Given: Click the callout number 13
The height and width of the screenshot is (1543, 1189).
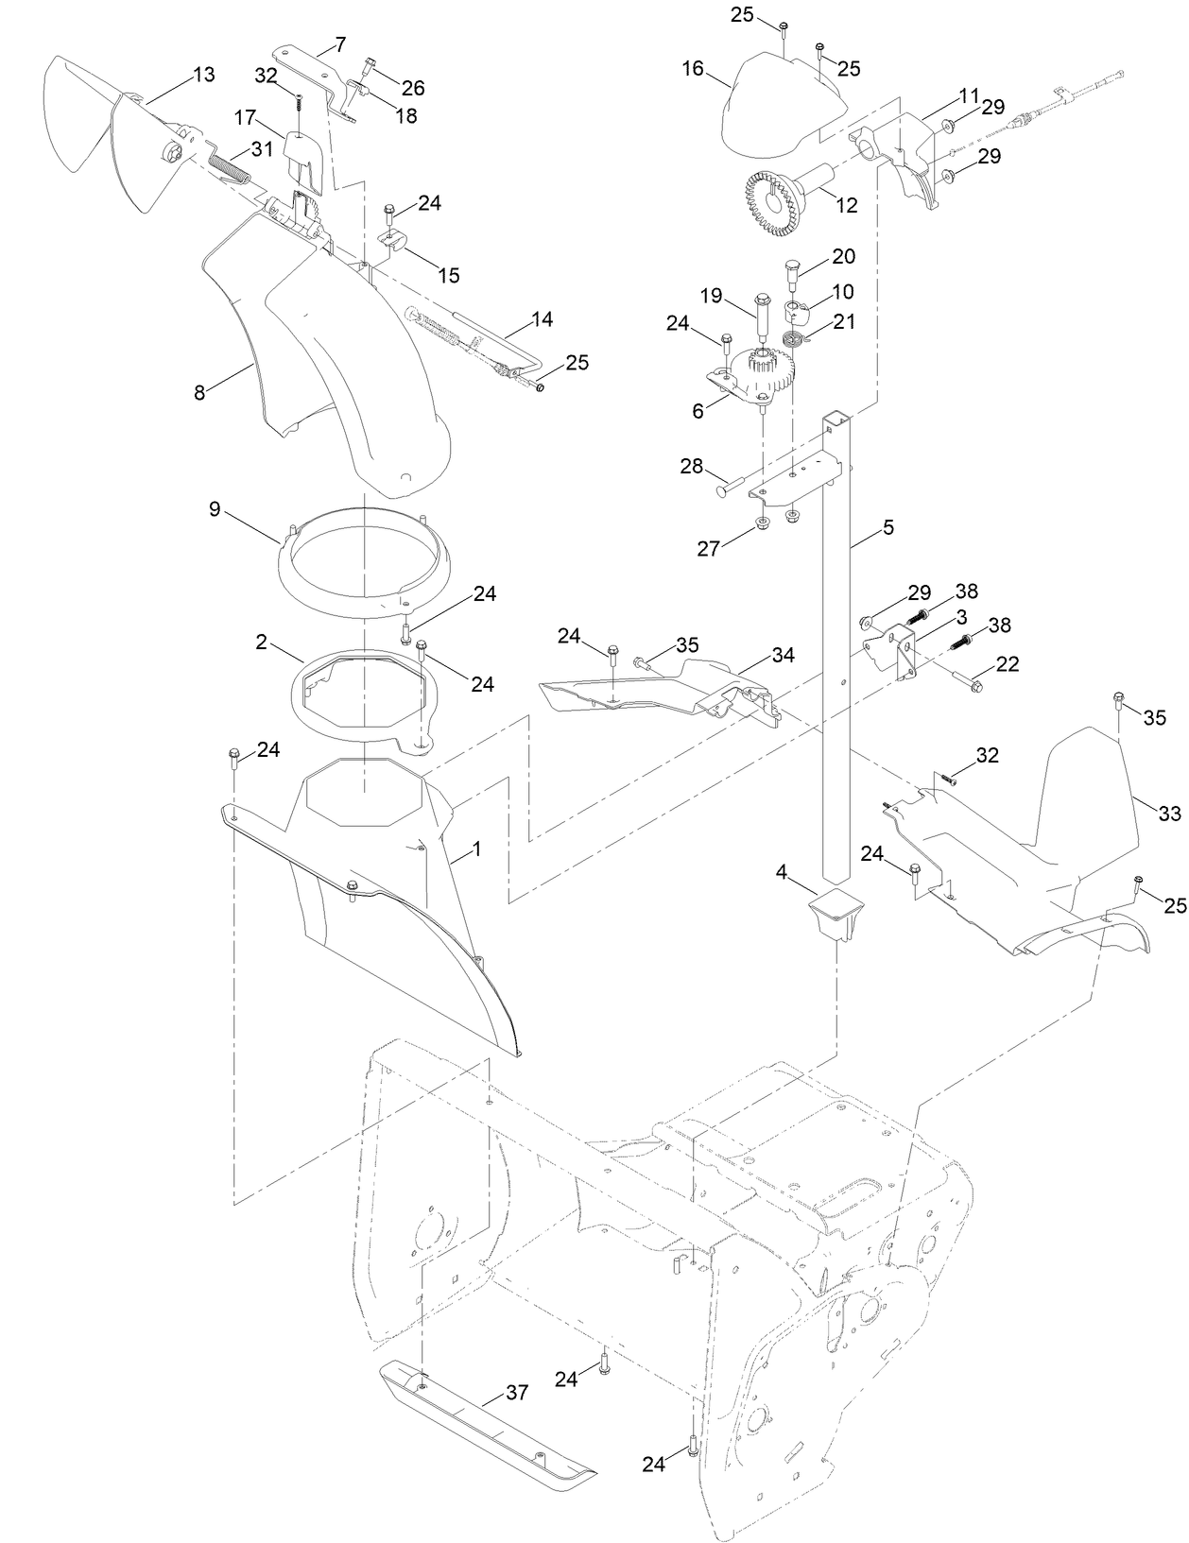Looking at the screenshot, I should tap(204, 75).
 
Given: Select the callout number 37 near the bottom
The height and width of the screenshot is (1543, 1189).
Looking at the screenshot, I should tap(517, 1392).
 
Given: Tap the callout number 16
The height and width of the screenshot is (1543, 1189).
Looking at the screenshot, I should tap(693, 69).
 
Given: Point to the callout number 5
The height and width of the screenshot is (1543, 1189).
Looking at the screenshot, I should tap(887, 528).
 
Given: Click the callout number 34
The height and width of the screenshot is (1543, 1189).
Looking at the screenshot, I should tap(783, 654).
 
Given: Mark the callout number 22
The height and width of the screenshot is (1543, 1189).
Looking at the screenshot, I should tap(1008, 664).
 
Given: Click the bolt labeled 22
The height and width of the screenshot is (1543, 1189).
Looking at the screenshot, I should tap(966, 680).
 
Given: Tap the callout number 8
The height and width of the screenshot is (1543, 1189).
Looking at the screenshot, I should tap(199, 393).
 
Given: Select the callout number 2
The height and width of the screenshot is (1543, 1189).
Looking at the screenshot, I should tap(261, 642).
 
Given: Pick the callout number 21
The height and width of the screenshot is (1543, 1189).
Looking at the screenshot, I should tap(844, 321).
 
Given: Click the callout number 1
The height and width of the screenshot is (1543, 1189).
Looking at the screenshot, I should tap(476, 849).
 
